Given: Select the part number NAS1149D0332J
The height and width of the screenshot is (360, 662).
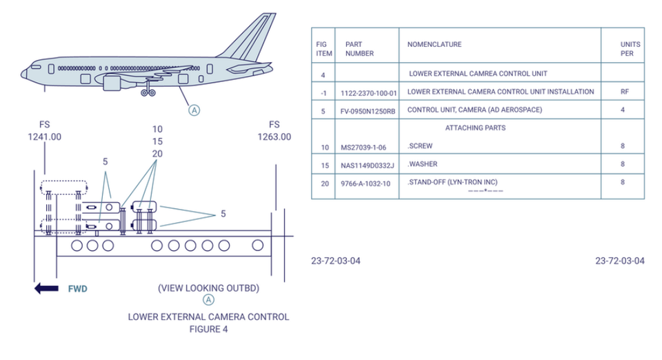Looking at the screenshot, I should coord(367,165).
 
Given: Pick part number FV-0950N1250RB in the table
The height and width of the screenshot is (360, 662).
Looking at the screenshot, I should coord(368,110).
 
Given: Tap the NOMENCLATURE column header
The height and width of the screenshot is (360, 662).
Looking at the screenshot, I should coord(434,45).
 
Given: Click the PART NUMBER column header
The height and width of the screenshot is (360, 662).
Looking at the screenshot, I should coord(359,48).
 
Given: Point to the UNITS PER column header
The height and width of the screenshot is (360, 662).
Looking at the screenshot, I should coord(630,48).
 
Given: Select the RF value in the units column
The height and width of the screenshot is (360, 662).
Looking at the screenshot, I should coord(624,92).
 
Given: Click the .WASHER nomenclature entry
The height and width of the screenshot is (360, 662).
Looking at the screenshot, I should coord(423,164).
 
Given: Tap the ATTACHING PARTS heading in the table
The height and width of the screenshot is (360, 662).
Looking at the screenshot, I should coord(475,128).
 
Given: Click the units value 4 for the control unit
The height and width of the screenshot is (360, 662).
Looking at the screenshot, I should coord(623,110).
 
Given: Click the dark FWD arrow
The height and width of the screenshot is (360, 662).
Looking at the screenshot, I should coord(47,288).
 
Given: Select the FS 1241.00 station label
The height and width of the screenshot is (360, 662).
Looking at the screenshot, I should coord(45,131).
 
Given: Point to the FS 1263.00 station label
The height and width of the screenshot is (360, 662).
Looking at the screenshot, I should coord(274,131).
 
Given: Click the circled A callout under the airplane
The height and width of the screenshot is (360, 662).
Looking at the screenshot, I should coord(194,110).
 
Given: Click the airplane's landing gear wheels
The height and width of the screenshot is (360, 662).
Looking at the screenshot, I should coord(147,92).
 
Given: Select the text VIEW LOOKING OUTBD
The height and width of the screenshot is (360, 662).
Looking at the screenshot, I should coord(208,287).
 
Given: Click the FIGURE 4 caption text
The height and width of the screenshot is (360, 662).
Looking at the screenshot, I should coord(208,329).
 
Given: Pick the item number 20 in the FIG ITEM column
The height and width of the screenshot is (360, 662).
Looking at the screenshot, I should coord(323,183).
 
